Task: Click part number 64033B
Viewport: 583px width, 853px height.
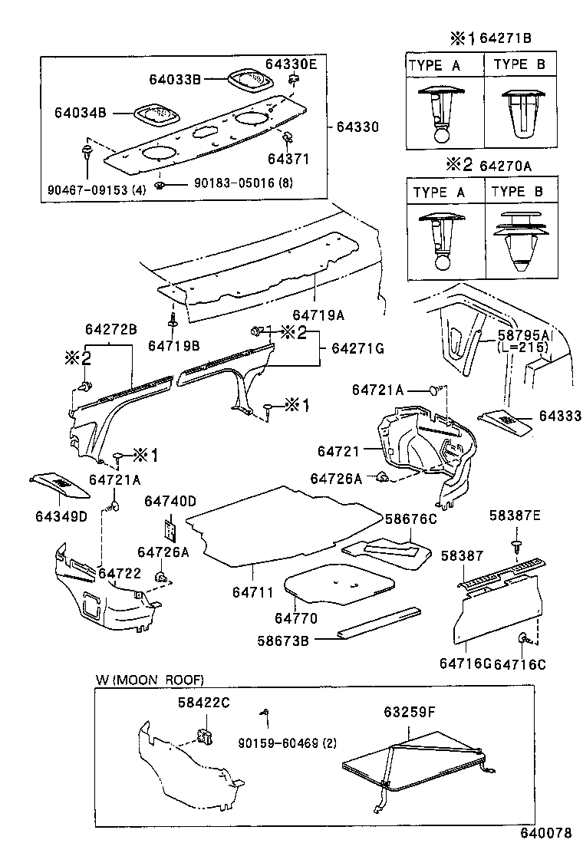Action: point(175,77)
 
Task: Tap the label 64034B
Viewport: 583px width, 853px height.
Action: point(80,112)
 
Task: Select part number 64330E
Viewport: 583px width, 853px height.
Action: point(291,64)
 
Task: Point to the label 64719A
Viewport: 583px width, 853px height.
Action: point(318,315)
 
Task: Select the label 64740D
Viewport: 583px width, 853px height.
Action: point(170,501)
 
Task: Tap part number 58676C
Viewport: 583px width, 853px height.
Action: point(410,519)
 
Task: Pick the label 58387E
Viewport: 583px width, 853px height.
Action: point(515,515)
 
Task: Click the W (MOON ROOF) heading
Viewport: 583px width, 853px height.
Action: point(150,680)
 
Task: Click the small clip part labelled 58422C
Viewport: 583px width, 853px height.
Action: point(205,737)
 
